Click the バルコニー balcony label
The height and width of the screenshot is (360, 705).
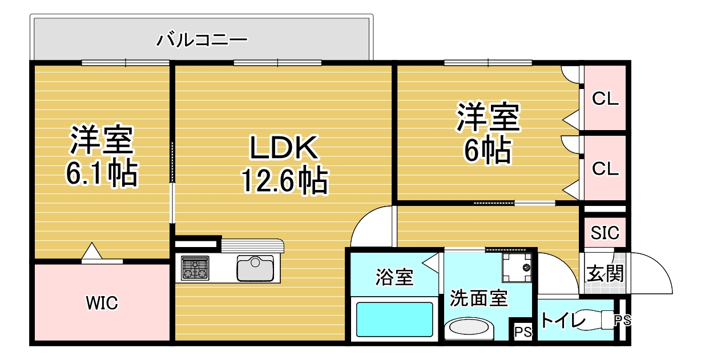pos(202,40)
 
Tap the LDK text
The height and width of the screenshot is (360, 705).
pos(283,148)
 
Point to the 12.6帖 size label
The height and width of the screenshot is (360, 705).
pos(283,181)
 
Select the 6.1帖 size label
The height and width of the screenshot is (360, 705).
pos(102,174)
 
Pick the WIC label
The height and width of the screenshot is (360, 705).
pos(102,304)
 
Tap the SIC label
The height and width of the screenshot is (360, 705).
pos(605,233)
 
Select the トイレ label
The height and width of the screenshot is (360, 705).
pos(563,321)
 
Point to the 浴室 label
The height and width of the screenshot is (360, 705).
pos(394,278)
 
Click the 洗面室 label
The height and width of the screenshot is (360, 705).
pos(478,298)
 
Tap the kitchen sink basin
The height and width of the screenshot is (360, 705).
pos(255,268)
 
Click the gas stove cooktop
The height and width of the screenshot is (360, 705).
pos(195,268)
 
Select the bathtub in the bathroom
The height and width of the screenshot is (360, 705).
pos(394,319)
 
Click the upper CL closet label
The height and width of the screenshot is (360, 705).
pos(605,99)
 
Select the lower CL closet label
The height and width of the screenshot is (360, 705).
pos(605,169)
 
